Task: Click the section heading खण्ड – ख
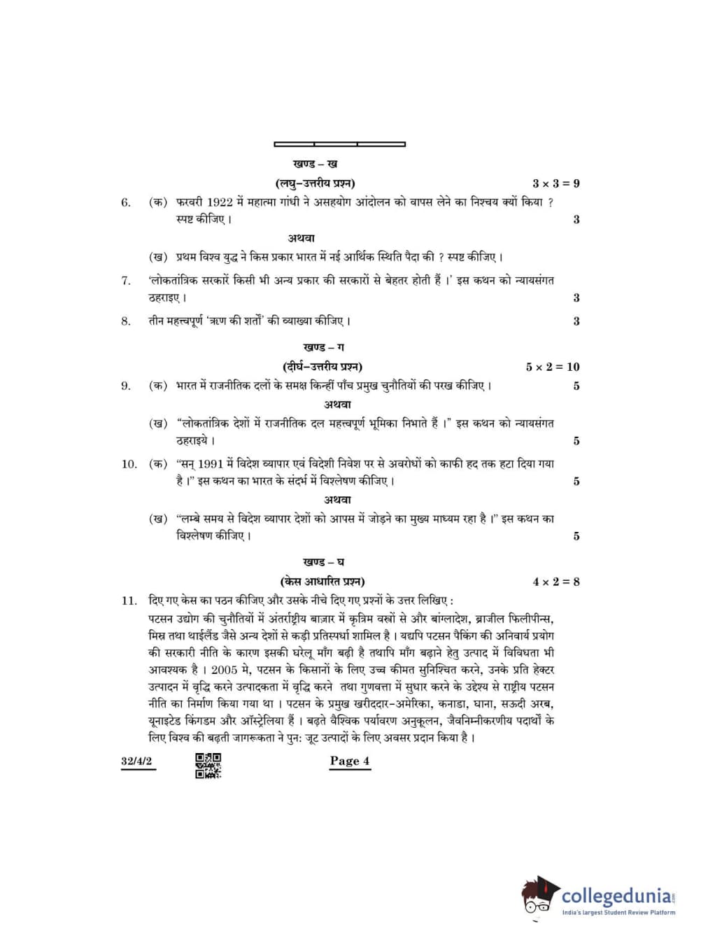315,164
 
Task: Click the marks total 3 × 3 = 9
555,183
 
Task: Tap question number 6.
126,203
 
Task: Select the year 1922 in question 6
220,202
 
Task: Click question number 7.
126,281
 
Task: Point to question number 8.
126,322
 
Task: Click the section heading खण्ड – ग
323,347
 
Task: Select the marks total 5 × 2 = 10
553,367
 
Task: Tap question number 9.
126,386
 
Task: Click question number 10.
129,464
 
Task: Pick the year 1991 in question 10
210,464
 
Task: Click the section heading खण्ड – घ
323,562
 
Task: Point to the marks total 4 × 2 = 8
555,582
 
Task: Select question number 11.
129,600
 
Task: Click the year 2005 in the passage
224,670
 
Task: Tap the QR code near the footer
208,765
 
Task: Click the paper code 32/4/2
136,761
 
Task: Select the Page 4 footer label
350,761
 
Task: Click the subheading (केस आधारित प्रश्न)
322,582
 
